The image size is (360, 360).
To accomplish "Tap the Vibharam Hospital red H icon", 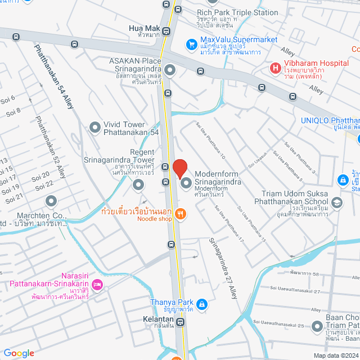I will (x=275, y=69).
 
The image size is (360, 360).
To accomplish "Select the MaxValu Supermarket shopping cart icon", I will (x=192, y=43).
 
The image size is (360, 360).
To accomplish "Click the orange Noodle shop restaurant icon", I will (x=180, y=213).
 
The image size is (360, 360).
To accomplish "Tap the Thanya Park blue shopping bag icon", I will (x=202, y=305).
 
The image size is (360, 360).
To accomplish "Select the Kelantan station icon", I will (x=180, y=322).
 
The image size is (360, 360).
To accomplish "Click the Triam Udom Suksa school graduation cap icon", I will (x=336, y=201).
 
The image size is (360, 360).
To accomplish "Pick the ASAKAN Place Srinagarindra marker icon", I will (x=170, y=70).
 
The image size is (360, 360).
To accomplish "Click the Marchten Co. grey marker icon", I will (x=51, y=200).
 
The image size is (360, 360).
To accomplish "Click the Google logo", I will (x=19, y=353).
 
